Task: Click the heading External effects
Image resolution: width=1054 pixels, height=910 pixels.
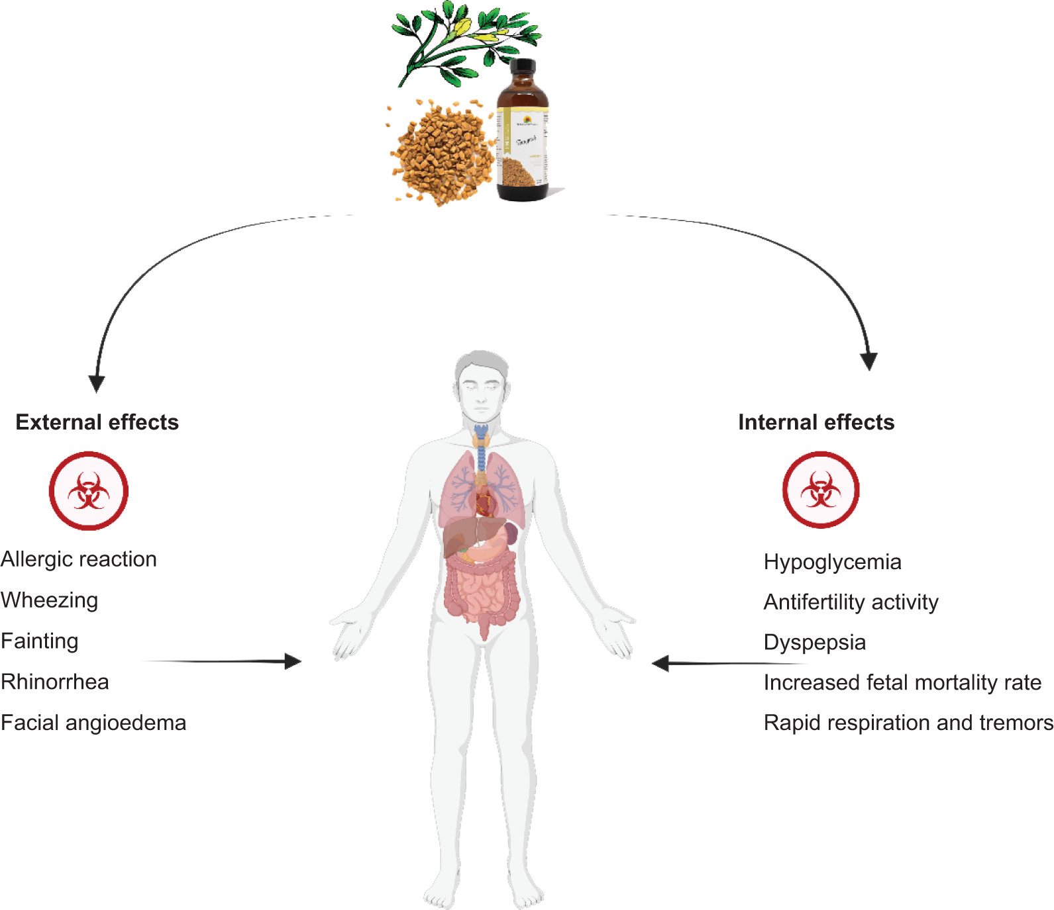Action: (97, 422)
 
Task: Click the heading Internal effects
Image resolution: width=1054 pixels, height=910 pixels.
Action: (816, 422)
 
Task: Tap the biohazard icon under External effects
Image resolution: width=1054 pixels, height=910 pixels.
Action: (88, 491)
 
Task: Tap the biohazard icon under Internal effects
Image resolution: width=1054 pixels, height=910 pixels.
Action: (821, 490)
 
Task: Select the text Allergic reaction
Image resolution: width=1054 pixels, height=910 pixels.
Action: (79, 559)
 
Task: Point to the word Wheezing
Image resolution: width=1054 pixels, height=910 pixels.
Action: (50, 600)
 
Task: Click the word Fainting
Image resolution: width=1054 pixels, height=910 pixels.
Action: (40, 641)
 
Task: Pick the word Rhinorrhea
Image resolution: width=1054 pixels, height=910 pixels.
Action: (55, 682)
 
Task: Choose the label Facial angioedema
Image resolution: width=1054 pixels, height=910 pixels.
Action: (93, 723)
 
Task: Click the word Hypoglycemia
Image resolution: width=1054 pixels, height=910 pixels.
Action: (832, 562)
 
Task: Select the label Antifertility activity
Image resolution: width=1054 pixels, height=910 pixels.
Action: (851, 602)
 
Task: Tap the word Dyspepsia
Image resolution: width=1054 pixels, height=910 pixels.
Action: (814, 643)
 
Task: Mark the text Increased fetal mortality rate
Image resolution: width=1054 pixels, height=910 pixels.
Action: (902, 682)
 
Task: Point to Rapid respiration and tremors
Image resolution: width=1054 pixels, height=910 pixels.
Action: (908, 723)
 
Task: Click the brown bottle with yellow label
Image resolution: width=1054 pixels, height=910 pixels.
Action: (523, 132)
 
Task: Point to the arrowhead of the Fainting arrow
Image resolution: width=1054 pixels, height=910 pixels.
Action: (293, 661)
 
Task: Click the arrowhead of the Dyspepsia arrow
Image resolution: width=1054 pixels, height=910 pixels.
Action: (660, 663)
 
